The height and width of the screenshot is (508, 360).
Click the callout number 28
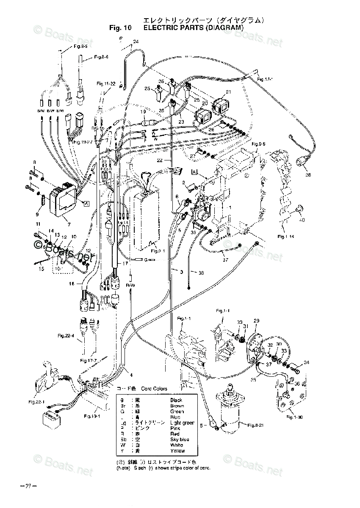point(308,174)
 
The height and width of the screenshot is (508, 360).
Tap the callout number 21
point(229,92)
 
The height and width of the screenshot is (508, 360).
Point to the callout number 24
point(136,41)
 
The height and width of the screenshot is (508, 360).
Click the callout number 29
point(256,321)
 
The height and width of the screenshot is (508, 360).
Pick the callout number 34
point(307,362)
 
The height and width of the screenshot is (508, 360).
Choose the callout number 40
point(302,220)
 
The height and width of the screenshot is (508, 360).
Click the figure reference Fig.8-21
point(255,426)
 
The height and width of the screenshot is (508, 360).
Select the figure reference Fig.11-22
point(106,84)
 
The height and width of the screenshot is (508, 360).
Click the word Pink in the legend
point(175,428)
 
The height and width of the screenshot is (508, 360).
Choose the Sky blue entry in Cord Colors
point(180,439)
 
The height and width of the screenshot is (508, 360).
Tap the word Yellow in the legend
point(177,450)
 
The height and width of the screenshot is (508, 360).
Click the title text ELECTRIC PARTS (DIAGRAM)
point(194,28)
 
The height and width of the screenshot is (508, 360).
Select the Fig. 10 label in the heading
point(120,28)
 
